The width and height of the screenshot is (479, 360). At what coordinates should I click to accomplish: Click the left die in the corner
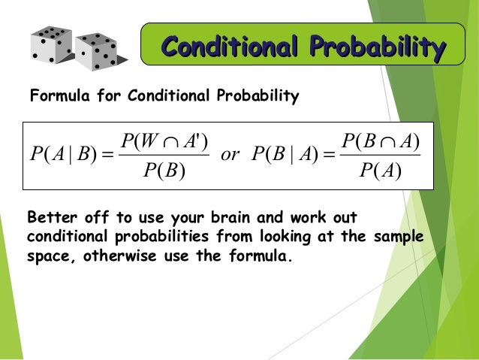coord(52,44)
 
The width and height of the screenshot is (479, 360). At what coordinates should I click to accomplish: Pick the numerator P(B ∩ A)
coord(380,140)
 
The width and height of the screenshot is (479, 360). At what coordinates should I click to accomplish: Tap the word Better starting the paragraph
coord(50,219)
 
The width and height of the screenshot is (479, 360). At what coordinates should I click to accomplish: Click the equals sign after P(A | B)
coord(104,156)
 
